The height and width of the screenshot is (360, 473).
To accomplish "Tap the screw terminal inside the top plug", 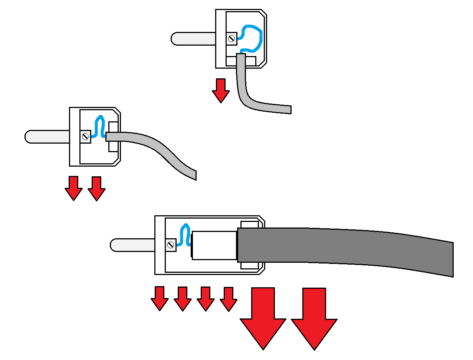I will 232,39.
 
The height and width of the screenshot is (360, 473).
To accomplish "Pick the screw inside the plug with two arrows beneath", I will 85,137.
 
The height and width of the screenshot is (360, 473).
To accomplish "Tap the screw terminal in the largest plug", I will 171,245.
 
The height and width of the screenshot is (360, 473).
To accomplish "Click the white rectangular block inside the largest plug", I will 214,245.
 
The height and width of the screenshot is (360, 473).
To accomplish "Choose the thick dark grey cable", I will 345,247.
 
